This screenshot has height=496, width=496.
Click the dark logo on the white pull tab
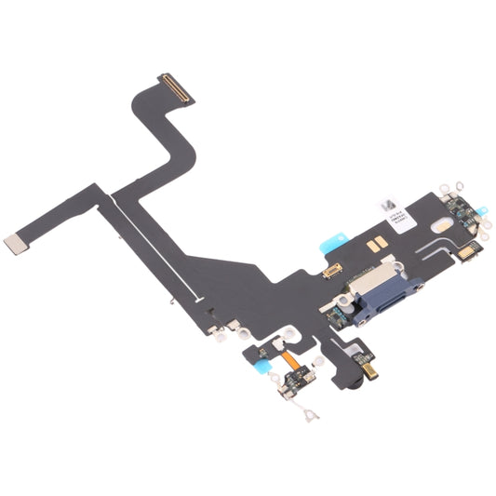click(x=389, y=197)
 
